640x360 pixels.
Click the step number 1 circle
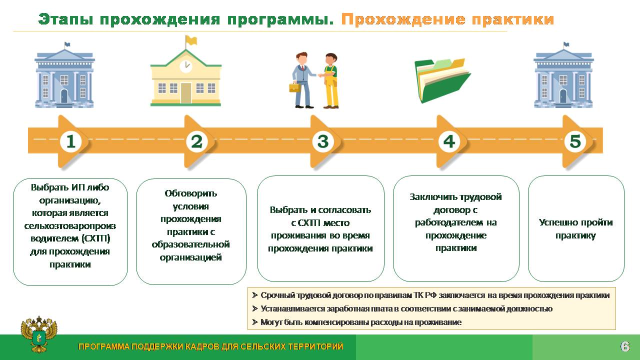pyautogui.click(x=70, y=141)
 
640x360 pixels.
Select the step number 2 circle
pyautogui.click(x=197, y=141)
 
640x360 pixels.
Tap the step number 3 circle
pyautogui.click(x=323, y=141)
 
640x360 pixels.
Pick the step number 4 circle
pyautogui.click(x=449, y=141)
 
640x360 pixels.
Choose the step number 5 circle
pyautogui.click(x=575, y=141)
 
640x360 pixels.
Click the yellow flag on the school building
pyautogui.click(x=191, y=40)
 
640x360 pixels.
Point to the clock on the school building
pyautogui.click(x=185, y=66)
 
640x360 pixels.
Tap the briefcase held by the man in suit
pyautogui.click(x=295, y=87)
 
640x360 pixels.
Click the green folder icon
pyautogui.click(x=442, y=80)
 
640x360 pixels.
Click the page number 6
pyautogui.click(x=625, y=346)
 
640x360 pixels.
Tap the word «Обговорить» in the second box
pyautogui.click(x=191, y=193)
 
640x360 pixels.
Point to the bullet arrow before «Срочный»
pyautogui.click(x=255, y=295)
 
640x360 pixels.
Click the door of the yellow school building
pyautogui.click(x=185, y=93)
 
